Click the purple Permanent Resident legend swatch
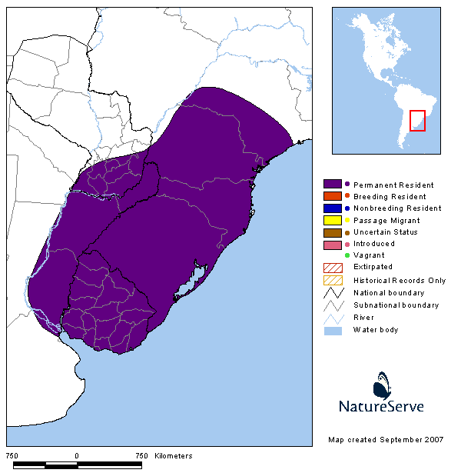pyautogui.click(x=333, y=185)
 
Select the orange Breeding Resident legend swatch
pyautogui.click(x=333, y=196)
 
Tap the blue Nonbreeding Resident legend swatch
pyautogui.click(x=333, y=208)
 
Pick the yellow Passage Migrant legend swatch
pyautogui.click(x=333, y=220)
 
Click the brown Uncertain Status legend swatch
pyautogui.click(x=333, y=232)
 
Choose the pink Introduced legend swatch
pyautogui.click(x=333, y=244)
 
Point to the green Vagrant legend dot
pyautogui.click(x=347, y=255)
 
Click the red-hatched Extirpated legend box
pyautogui.click(x=333, y=267)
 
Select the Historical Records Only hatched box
pyautogui.click(x=333, y=280)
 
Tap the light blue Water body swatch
pyautogui.click(x=333, y=330)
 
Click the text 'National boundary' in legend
pyautogui.click(x=389, y=293)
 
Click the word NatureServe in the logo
pyautogui.click(x=382, y=406)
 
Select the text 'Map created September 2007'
pyautogui.click(x=386, y=439)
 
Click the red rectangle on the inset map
pyautogui.click(x=417, y=121)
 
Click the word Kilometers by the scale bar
pyautogui.click(x=174, y=456)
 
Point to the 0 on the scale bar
pyautogui.click(x=77, y=456)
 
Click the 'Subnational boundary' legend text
pyautogui.click(x=396, y=305)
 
